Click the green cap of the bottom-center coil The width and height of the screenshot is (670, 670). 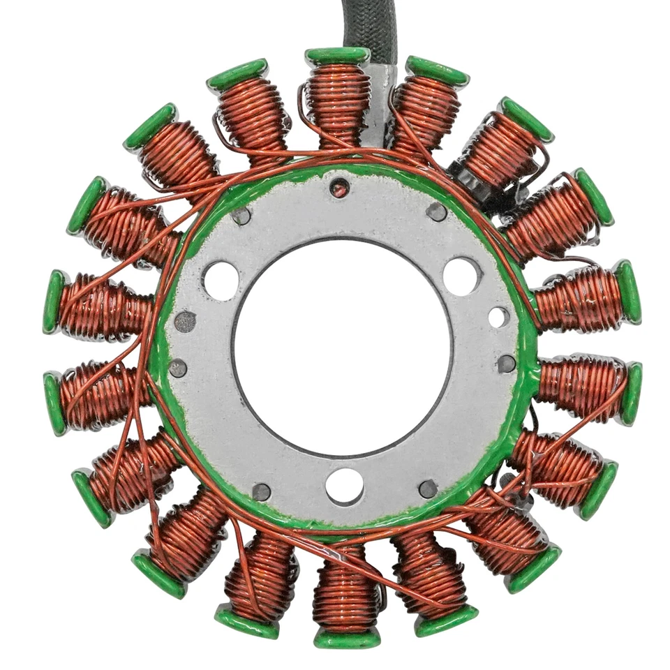point(346,637)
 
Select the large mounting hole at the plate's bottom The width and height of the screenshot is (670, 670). point(345,486)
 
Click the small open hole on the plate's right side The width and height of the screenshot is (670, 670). point(498,318)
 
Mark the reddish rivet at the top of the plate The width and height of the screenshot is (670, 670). point(340,187)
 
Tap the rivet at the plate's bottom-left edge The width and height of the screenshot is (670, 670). point(262,492)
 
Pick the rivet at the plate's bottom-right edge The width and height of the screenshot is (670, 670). point(428,489)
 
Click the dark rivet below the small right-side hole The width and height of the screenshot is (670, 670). point(507,363)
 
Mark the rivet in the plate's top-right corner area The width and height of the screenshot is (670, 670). point(437,211)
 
